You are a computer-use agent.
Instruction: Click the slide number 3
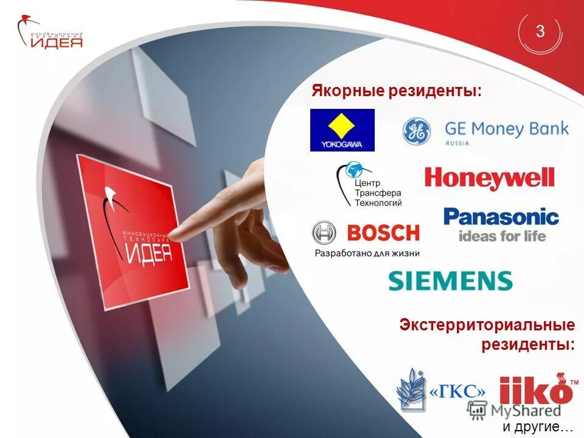(x=540, y=32)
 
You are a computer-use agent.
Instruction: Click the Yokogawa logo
(x=342, y=130)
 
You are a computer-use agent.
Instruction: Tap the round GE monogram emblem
(x=417, y=131)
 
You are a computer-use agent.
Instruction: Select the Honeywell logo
(x=490, y=178)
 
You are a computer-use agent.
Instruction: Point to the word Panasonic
(x=501, y=217)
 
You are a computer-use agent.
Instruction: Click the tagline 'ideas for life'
(x=502, y=235)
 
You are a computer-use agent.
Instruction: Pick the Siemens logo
(x=450, y=281)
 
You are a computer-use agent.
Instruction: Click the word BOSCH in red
(x=383, y=233)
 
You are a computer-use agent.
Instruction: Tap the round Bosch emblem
(x=324, y=233)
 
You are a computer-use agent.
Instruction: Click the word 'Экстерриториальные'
(x=487, y=325)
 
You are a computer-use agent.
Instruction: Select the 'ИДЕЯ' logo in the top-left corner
(x=51, y=34)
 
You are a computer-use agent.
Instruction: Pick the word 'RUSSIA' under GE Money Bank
(x=457, y=144)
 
